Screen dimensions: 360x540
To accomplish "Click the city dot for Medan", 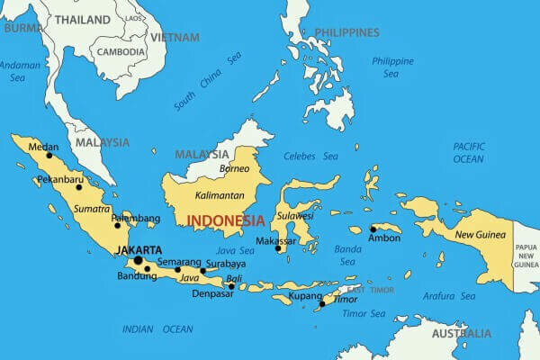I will click(x=49, y=155).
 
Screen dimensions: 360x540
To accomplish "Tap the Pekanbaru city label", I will click(x=59, y=180).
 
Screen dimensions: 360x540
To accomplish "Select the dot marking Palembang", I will click(x=117, y=225).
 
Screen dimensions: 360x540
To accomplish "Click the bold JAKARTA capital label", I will click(x=139, y=249).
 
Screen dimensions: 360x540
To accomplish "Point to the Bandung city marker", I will click(x=147, y=268).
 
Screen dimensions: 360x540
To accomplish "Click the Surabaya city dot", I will click(x=203, y=271).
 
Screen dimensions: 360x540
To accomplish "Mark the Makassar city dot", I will click(x=278, y=248).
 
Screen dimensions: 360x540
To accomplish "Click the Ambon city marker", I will click(x=373, y=229).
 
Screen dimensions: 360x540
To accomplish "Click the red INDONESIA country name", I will click(x=224, y=220).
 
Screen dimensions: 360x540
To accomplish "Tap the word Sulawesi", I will click(x=294, y=216).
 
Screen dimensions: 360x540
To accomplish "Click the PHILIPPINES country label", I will click(x=345, y=32).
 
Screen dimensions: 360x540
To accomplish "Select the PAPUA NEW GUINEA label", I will click(x=526, y=256).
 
